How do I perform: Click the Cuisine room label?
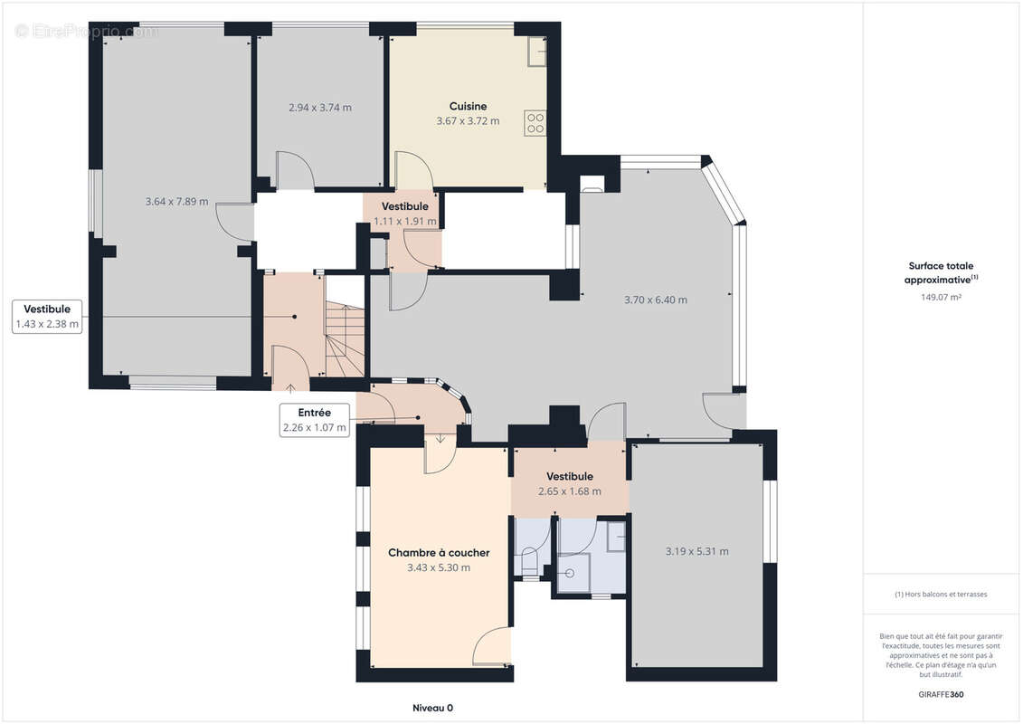pyautogui.click(x=468, y=106)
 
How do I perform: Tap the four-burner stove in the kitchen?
pyautogui.click(x=535, y=123)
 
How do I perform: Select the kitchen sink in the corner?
pyautogui.click(x=537, y=52)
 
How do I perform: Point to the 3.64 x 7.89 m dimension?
pyautogui.click(x=176, y=202)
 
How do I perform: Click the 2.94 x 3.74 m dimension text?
pyautogui.click(x=319, y=108)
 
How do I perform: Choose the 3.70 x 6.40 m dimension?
pyautogui.click(x=655, y=300)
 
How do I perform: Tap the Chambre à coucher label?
pyautogui.click(x=439, y=552)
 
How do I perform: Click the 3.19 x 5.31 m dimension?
pyautogui.click(x=696, y=552)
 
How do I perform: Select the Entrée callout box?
pyautogui.click(x=315, y=420)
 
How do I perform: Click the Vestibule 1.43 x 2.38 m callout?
pyautogui.click(x=47, y=317)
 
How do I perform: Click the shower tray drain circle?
pyautogui.click(x=570, y=574)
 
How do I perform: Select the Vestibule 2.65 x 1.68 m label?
pyautogui.click(x=570, y=484)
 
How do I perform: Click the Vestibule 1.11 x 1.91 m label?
pyautogui.click(x=405, y=214)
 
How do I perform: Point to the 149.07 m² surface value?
pyautogui.click(x=941, y=297)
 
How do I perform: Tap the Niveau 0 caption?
pyautogui.click(x=432, y=708)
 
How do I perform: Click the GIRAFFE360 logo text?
pyautogui.click(x=941, y=694)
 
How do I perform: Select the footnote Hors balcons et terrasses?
pyautogui.click(x=941, y=594)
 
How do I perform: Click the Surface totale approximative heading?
pyautogui.click(x=941, y=272)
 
